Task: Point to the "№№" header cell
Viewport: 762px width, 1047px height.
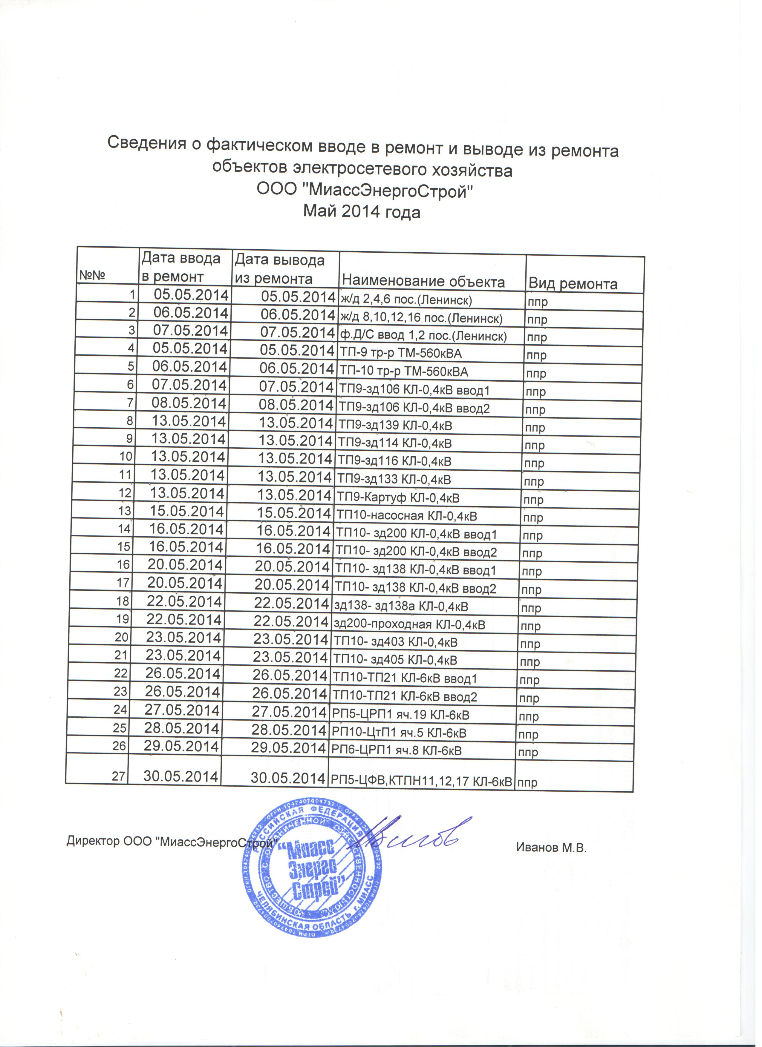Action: pyautogui.click(x=92, y=276)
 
